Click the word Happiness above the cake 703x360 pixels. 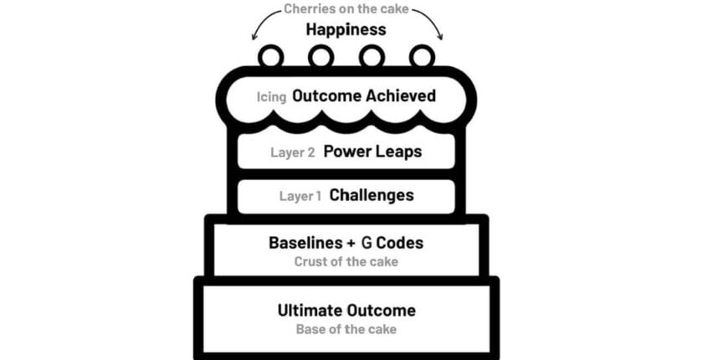click(x=346, y=30)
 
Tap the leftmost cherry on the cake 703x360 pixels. click(x=270, y=57)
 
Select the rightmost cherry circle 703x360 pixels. click(x=422, y=57)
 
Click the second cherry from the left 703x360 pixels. click(x=321, y=57)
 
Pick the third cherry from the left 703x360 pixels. click(x=372, y=57)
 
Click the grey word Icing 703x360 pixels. click(x=272, y=97)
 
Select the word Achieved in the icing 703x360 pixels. click(x=400, y=96)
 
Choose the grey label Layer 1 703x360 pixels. click(x=300, y=197)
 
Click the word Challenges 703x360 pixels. click(x=372, y=196)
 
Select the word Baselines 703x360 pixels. click(x=302, y=244)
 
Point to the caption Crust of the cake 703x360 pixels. click(x=346, y=261)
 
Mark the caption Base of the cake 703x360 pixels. click(x=346, y=329)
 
